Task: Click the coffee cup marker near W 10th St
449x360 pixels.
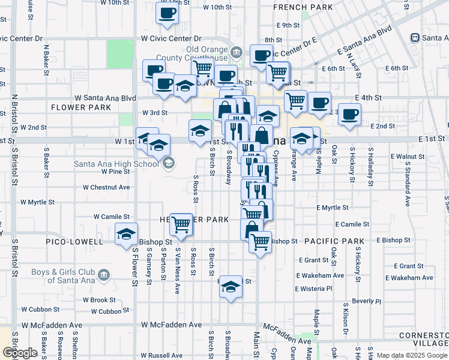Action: (x=167, y=13)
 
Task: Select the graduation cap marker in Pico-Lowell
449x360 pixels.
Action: (x=127, y=235)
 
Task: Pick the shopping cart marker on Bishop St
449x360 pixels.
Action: (x=260, y=242)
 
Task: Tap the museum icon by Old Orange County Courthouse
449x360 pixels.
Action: (x=237, y=53)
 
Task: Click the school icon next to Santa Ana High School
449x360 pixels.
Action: (x=169, y=162)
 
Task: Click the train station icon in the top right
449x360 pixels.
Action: (x=415, y=37)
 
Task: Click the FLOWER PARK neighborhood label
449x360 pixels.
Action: (x=81, y=107)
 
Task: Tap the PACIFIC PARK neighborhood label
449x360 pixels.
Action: (x=334, y=241)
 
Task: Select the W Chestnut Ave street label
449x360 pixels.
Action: (x=106, y=187)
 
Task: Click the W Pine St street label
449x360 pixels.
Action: (x=115, y=172)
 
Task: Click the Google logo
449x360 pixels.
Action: (x=19, y=353)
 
